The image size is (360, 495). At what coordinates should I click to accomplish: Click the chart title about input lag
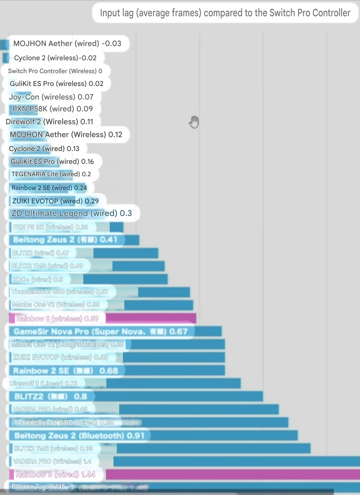pyautogui.click(x=225, y=13)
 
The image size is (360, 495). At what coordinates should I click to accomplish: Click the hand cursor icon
pyautogui.click(x=194, y=122)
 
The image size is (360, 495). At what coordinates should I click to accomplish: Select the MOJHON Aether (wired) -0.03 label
pyautogui.click(x=67, y=44)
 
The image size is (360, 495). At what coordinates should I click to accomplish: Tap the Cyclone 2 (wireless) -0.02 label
pyautogui.click(x=55, y=58)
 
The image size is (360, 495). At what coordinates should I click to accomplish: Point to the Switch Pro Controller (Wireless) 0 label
pyautogui.click(x=55, y=71)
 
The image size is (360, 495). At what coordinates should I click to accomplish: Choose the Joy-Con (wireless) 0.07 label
pyautogui.click(x=51, y=97)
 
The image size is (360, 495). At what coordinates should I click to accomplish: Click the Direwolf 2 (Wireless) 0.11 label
pyautogui.click(x=49, y=122)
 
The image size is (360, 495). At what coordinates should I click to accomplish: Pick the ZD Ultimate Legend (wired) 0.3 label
pyautogui.click(x=71, y=213)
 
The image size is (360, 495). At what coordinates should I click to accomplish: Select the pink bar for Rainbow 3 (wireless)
pyautogui.click(x=151, y=318)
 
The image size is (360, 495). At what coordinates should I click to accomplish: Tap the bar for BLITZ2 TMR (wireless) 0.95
pyautogui.click(x=213, y=449)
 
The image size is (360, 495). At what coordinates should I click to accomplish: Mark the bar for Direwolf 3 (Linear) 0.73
pyautogui.click(x=173, y=383)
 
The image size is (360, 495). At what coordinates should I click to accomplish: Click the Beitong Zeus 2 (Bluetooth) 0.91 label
pyautogui.click(x=79, y=436)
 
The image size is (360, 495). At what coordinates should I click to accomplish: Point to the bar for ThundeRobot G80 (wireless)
pyautogui.click(x=164, y=292)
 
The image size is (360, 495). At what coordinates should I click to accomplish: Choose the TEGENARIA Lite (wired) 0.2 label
pyautogui.click(x=51, y=174)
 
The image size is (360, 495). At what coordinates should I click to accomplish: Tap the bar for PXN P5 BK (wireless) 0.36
pyautogui.click(x=116, y=227)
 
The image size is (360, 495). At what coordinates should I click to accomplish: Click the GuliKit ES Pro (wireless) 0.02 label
pyautogui.click(x=57, y=84)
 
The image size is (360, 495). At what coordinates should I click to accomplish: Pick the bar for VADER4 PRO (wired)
pyautogui.click(x=199, y=409)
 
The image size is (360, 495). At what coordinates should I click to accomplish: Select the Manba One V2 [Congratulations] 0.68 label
pyautogui.click(x=67, y=344)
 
